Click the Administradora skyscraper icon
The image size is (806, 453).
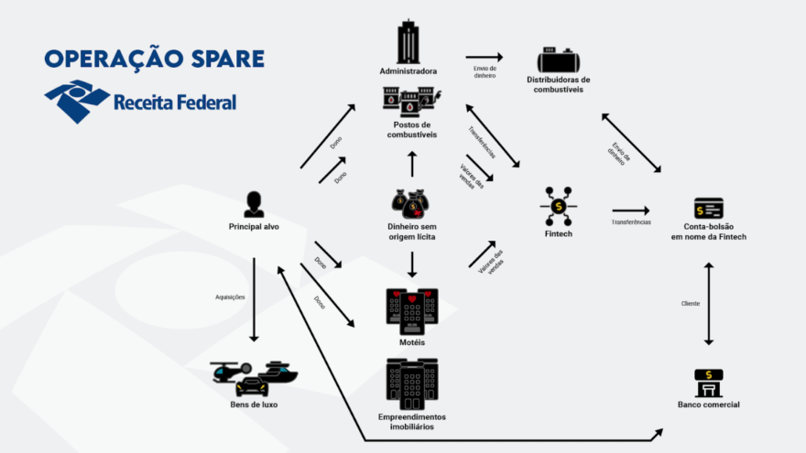pyautogui.click(x=408, y=42)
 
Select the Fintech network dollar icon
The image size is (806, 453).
pyautogui.click(x=558, y=206)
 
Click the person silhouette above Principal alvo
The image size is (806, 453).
pyautogui.click(x=254, y=203)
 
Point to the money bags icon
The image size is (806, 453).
pyautogui.click(x=411, y=202)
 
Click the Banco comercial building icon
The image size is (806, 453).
pyautogui.click(x=708, y=383)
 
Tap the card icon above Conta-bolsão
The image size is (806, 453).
pyautogui.click(x=708, y=208)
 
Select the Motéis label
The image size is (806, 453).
pyautogui.click(x=412, y=341)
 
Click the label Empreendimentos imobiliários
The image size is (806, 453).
pyautogui.click(x=412, y=421)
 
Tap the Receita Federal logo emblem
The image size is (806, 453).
pyautogui.click(x=76, y=101)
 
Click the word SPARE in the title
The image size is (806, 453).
pyautogui.click(x=220, y=59)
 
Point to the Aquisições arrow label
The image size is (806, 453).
pyautogui.click(x=230, y=297)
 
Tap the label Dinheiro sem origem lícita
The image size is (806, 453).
pyautogui.click(x=412, y=232)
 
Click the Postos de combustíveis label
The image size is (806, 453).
pyautogui.click(x=411, y=129)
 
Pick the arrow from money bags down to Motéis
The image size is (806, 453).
pyautogui.click(x=412, y=264)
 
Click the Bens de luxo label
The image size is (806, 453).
pyautogui.click(x=254, y=404)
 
